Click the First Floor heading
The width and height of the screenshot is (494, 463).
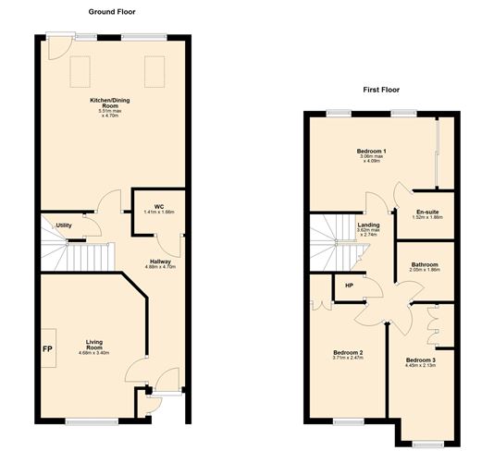[x=380, y=91]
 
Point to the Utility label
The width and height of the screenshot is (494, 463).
[x=64, y=225]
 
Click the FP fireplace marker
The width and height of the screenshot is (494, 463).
[x=45, y=348]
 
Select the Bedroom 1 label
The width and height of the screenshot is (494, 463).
[x=371, y=150]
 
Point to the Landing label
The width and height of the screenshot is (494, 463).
[x=368, y=225]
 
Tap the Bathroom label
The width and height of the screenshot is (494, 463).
[x=425, y=265]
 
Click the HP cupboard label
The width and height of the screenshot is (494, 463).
[x=350, y=284]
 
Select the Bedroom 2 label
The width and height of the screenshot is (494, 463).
[x=347, y=352]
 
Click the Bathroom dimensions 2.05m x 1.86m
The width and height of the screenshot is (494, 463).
[x=425, y=272]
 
